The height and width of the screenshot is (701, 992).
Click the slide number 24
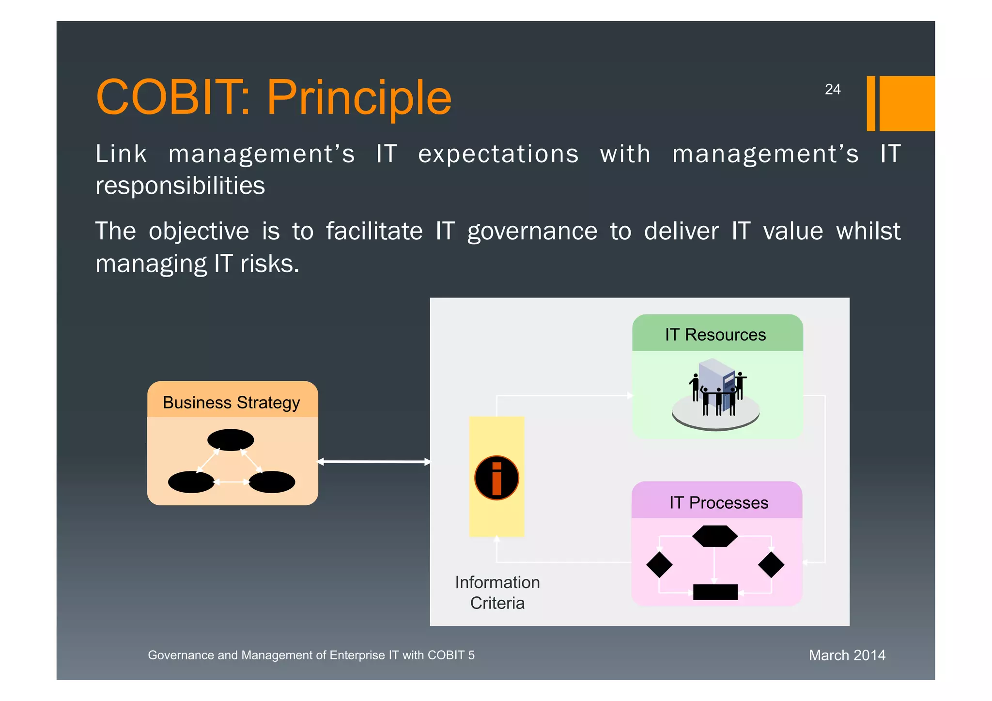point(832,90)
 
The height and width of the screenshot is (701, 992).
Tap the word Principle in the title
point(359,98)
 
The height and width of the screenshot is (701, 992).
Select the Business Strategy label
point(231,403)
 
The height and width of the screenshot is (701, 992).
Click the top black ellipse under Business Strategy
point(231,440)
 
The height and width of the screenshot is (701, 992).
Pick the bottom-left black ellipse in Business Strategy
point(191,482)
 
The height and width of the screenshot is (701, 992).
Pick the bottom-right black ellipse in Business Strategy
point(272,482)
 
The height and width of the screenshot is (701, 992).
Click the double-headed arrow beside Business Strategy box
point(374,462)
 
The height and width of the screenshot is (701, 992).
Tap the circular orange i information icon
point(496,478)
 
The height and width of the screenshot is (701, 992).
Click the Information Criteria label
point(497,592)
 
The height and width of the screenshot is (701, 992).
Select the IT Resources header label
point(715,335)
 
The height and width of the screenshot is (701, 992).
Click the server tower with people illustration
point(716,393)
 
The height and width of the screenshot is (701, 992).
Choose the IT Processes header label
point(718,503)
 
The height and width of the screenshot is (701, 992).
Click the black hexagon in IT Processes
point(715,536)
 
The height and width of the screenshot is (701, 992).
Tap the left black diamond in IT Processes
point(659,565)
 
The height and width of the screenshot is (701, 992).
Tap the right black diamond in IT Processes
point(771,565)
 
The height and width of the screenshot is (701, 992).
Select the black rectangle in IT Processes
point(715,592)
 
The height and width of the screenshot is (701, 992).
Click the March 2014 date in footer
point(847,655)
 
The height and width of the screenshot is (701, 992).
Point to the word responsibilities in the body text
point(180,186)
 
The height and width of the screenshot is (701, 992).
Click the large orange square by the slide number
point(906,103)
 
